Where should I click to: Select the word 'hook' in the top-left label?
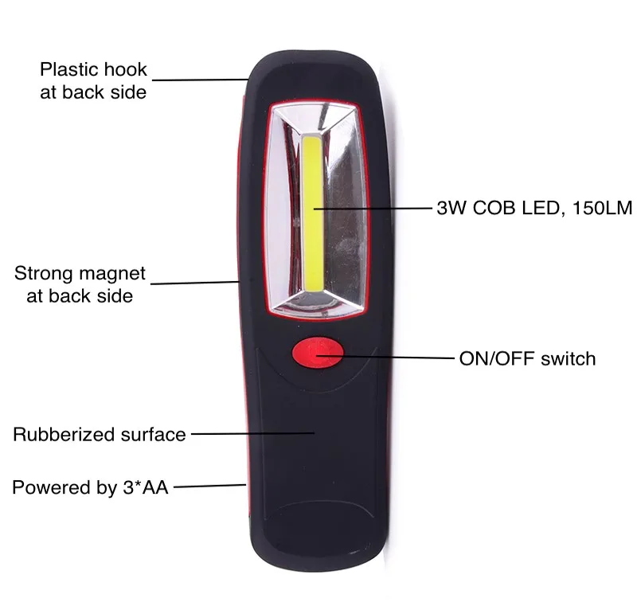coord(125,69)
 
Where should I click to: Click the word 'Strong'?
coord(45,274)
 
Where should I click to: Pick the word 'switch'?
coord(568,358)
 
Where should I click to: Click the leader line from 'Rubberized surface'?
coord(251,434)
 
